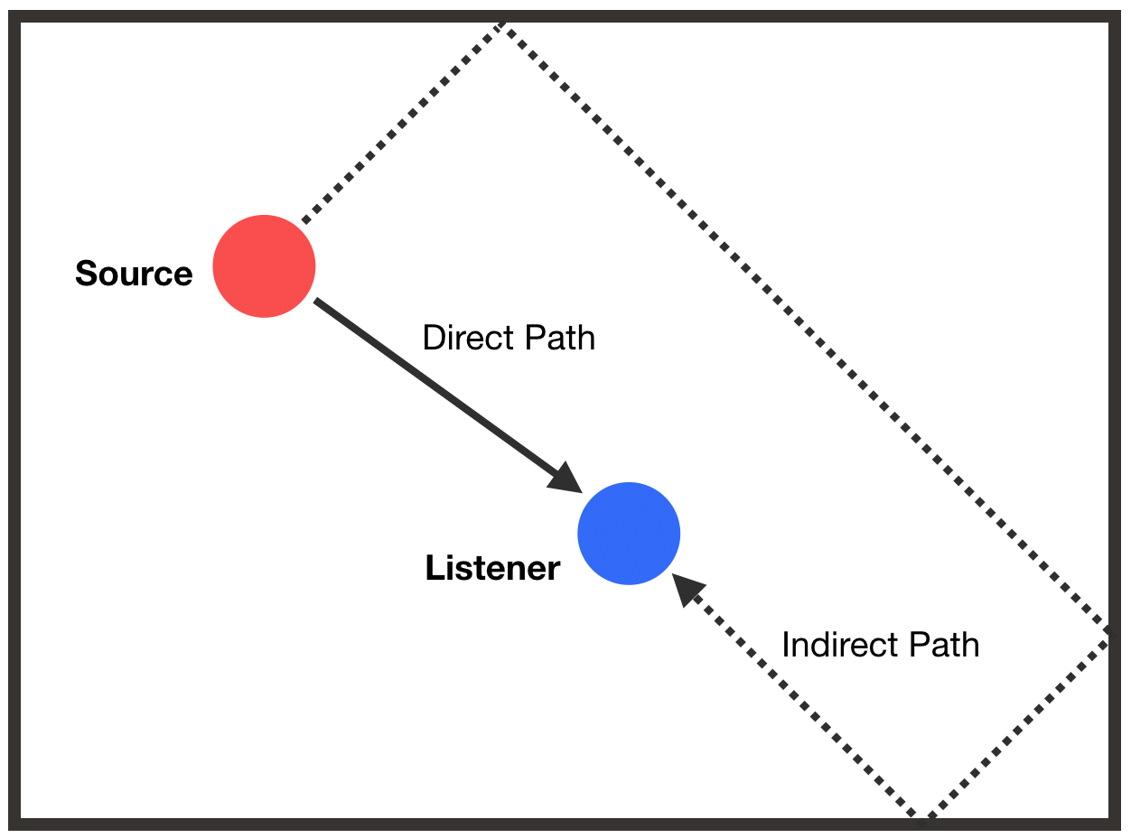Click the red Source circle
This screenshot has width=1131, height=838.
[x=264, y=266]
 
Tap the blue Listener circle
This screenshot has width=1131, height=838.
[x=629, y=533]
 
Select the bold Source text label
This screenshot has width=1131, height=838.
[x=134, y=274]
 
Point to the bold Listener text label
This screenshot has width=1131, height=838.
[x=492, y=568]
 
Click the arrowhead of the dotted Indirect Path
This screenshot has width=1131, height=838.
[x=688, y=590]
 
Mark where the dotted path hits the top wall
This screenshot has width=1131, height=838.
[x=500, y=24]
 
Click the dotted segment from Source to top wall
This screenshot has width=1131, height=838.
[x=402, y=122]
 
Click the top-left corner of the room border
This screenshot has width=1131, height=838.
[x=14, y=17]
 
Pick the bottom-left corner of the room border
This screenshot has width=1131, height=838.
[x=14, y=824]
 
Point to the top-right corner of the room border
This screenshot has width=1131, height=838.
[x=1114, y=17]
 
